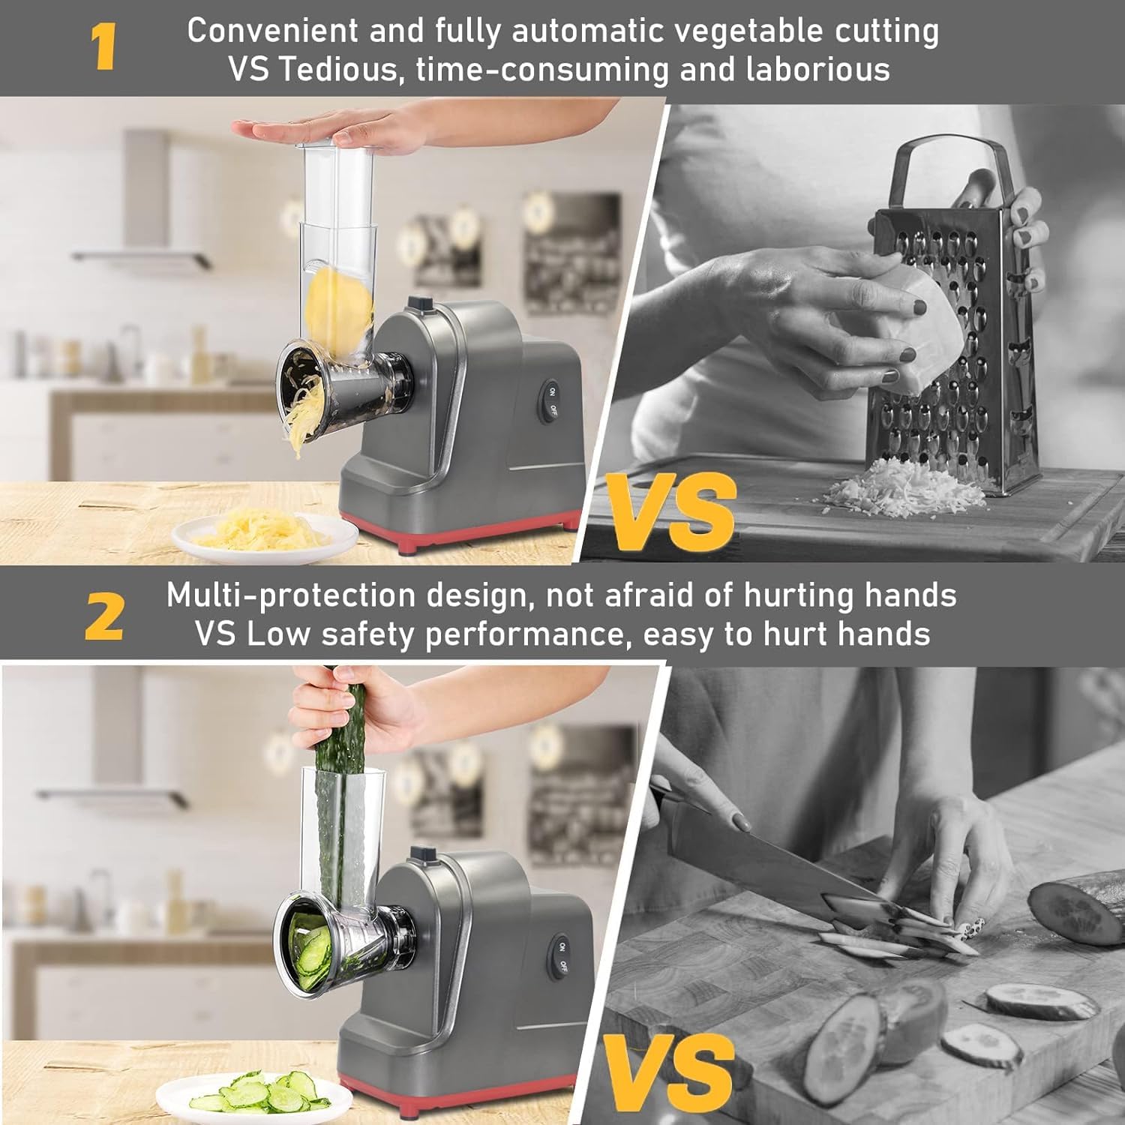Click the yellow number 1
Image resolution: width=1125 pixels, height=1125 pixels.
coord(103,47)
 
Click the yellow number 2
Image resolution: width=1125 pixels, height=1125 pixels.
coord(103,616)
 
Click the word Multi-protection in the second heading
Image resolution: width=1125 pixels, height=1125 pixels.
coord(291,595)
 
